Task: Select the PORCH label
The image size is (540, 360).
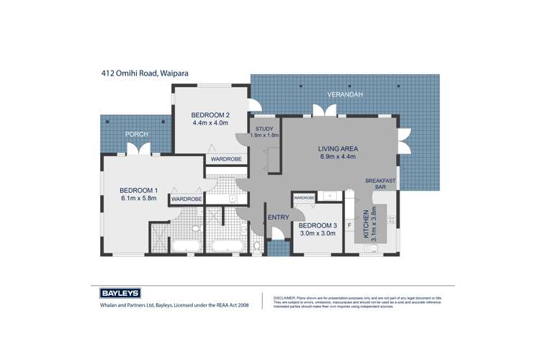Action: coord(136,133)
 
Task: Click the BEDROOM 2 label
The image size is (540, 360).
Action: coord(210,114)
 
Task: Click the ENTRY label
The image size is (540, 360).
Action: coord(278,217)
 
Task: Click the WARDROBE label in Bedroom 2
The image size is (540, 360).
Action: coord(225,158)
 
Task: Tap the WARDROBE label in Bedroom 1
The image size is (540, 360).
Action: coord(186,199)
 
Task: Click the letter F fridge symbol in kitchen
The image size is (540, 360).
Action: coord(349,225)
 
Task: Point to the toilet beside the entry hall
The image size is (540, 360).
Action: coord(258,247)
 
